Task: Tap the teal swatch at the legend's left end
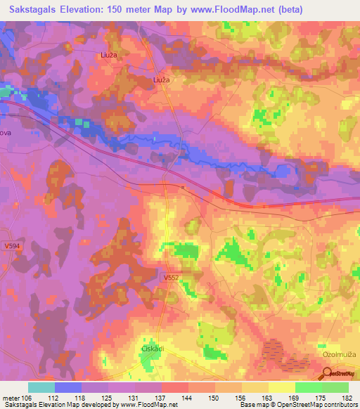coord(41,387)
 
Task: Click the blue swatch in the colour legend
coord(68,387)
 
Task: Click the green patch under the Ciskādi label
coord(148,361)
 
